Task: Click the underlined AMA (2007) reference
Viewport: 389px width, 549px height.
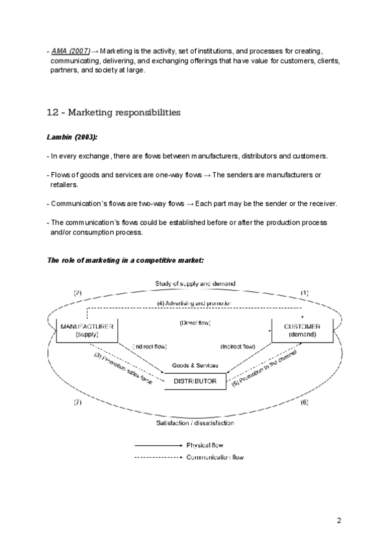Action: tap(71, 50)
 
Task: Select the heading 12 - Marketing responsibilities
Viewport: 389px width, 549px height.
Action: tap(113, 113)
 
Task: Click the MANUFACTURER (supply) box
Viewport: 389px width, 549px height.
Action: tap(86, 330)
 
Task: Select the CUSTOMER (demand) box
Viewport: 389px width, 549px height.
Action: tap(302, 330)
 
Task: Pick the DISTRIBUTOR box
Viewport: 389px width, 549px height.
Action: tap(194, 381)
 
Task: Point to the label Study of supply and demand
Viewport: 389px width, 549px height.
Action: tap(194, 284)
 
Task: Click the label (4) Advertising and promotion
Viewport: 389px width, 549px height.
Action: tap(193, 303)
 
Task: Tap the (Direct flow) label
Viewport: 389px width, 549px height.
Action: tap(194, 322)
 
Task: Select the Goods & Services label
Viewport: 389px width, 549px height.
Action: tap(194, 366)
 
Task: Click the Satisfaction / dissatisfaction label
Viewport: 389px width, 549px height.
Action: tap(194, 423)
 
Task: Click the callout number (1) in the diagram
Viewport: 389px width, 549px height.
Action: tap(305, 293)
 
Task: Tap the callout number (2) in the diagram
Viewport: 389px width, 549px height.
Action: tap(78, 293)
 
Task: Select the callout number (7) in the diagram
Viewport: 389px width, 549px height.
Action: tap(77, 403)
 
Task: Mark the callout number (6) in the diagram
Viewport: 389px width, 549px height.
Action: tap(305, 403)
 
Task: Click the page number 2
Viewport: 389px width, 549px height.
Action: tap(338, 520)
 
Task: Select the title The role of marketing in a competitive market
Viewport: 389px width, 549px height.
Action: tap(126, 260)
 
